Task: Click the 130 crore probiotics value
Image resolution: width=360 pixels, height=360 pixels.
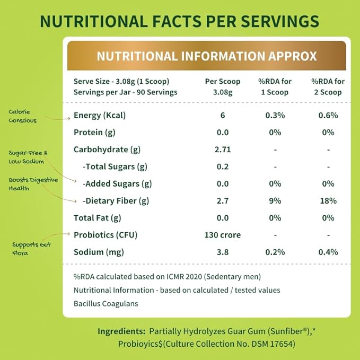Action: (x=222, y=235)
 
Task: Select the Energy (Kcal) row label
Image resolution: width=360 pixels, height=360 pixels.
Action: (x=100, y=116)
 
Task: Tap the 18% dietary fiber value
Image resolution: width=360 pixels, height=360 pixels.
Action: (x=328, y=201)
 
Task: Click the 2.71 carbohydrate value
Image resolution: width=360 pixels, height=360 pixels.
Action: (x=222, y=150)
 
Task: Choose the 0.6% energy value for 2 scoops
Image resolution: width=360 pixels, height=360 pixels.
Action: (x=328, y=116)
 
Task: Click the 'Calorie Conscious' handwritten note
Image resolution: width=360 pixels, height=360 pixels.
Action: (x=23, y=116)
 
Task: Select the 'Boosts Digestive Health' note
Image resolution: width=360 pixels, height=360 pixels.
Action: (x=33, y=183)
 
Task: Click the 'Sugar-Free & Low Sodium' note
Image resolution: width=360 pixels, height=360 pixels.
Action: (x=28, y=157)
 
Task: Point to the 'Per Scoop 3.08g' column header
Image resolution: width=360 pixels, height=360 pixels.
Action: (x=222, y=86)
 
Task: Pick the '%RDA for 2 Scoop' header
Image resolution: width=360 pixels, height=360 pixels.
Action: (x=328, y=86)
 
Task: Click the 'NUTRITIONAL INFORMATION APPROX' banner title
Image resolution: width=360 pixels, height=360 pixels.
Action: (x=207, y=56)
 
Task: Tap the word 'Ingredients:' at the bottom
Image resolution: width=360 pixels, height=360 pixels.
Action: (x=121, y=331)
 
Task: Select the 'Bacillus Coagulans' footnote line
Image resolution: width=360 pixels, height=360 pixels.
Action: (x=107, y=304)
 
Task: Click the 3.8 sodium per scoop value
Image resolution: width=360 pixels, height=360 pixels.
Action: (x=222, y=252)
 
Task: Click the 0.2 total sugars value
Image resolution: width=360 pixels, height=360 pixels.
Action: (x=222, y=166)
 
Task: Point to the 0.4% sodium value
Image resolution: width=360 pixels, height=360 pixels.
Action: (x=328, y=252)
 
